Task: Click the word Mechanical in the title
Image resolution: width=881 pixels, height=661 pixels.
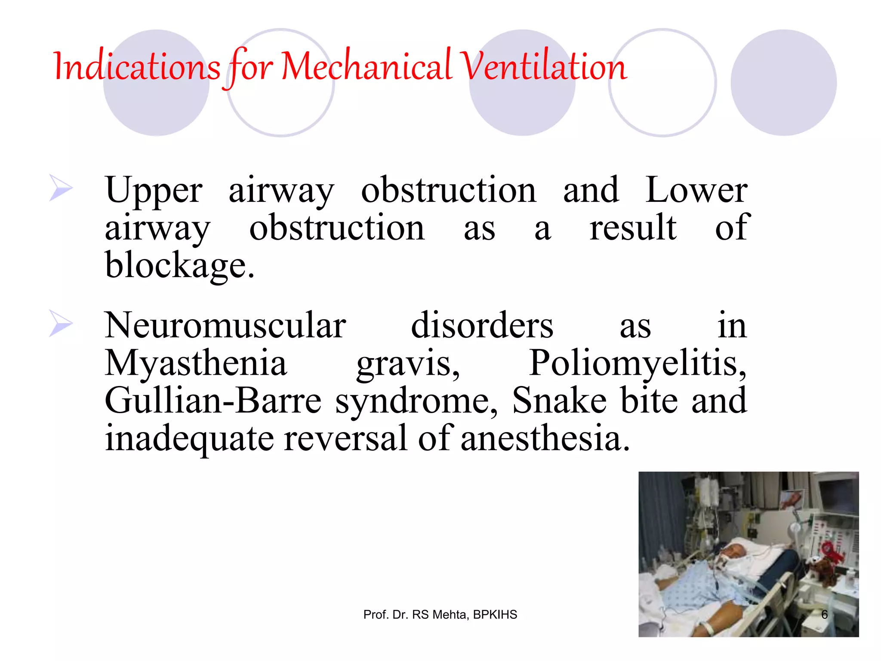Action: tap(366, 67)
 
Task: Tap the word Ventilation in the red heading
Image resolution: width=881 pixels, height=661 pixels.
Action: tap(543, 67)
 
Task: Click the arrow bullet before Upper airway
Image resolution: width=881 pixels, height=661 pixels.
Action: tap(60, 188)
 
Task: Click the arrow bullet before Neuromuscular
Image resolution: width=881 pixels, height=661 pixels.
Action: tap(60, 323)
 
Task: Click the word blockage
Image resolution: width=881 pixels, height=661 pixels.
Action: tap(179, 265)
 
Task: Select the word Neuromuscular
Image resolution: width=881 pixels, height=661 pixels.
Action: tap(225, 325)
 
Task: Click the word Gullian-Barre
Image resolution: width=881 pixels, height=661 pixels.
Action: tap(213, 401)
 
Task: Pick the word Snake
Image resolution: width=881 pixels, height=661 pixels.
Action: tap(559, 401)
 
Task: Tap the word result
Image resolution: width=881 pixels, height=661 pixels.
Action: tap(633, 228)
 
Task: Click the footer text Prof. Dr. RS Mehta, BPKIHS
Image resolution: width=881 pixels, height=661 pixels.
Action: tap(440, 615)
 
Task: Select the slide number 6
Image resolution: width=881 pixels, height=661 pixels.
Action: tap(824, 615)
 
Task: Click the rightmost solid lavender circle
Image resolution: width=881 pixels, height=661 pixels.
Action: tap(783, 83)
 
